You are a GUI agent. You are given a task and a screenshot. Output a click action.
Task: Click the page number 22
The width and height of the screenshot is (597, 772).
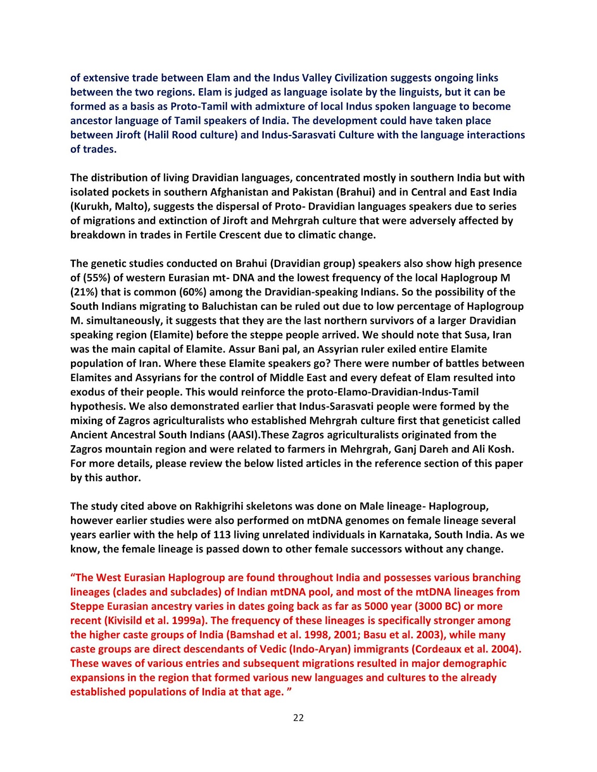point(298,718)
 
